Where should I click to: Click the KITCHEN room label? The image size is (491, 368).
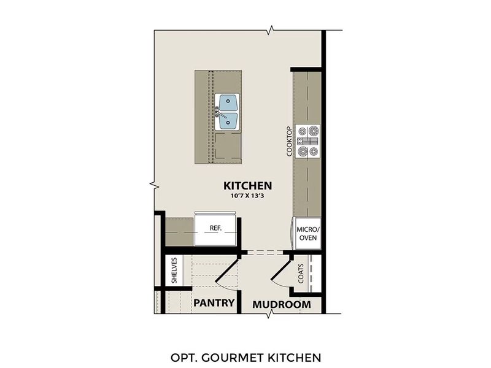point(247,185)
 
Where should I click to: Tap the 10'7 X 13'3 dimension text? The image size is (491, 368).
point(247,196)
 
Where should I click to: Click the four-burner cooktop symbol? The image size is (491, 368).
point(307,141)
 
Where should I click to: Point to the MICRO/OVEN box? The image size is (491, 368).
point(307,233)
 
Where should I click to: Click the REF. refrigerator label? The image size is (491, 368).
point(215,228)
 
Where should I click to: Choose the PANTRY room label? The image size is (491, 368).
point(214,303)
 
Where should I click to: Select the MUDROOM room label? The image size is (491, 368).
point(282,304)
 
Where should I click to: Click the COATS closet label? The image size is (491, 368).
point(301,274)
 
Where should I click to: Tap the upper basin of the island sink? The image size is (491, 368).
point(229,102)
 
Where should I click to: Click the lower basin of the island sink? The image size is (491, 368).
point(229,120)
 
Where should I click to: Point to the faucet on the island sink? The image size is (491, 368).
point(218,111)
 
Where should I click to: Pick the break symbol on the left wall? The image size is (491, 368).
point(153,183)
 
